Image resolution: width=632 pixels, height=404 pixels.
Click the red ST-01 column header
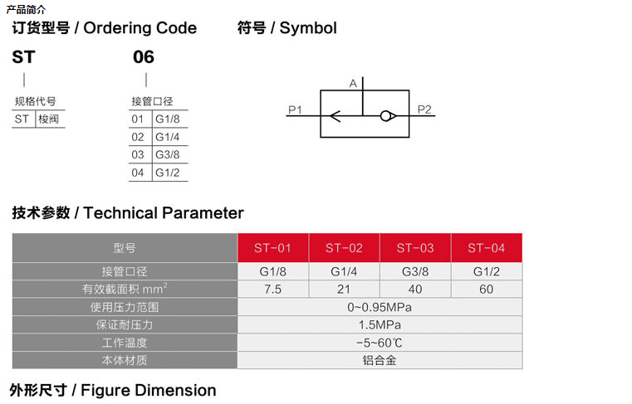click(273, 247)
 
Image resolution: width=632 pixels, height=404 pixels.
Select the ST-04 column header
click(486, 247)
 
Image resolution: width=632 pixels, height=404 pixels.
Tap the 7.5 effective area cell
click(273, 290)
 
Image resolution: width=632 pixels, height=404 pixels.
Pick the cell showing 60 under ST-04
click(486, 290)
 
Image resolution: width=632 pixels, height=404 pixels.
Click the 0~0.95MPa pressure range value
click(380, 307)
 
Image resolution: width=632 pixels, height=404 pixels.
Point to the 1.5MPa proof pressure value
click(380, 324)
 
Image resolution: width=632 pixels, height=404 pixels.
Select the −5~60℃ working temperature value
click(380, 343)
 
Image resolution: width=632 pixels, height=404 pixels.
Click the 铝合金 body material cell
click(380, 360)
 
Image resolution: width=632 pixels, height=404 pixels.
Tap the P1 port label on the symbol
click(295, 109)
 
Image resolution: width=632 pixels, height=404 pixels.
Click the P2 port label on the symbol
click(424, 109)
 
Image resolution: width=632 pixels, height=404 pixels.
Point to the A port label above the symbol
click(353, 83)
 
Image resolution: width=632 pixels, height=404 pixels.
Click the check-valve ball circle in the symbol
click(387, 116)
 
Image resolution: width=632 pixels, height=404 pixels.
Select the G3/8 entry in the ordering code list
click(167, 154)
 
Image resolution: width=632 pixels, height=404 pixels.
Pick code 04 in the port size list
click(138, 173)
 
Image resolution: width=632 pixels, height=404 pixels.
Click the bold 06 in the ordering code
click(144, 57)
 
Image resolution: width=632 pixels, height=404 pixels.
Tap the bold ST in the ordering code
click(22, 57)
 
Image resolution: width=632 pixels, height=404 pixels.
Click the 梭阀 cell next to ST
click(50, 119)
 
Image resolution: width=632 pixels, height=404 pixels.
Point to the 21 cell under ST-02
click(344, 290)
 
